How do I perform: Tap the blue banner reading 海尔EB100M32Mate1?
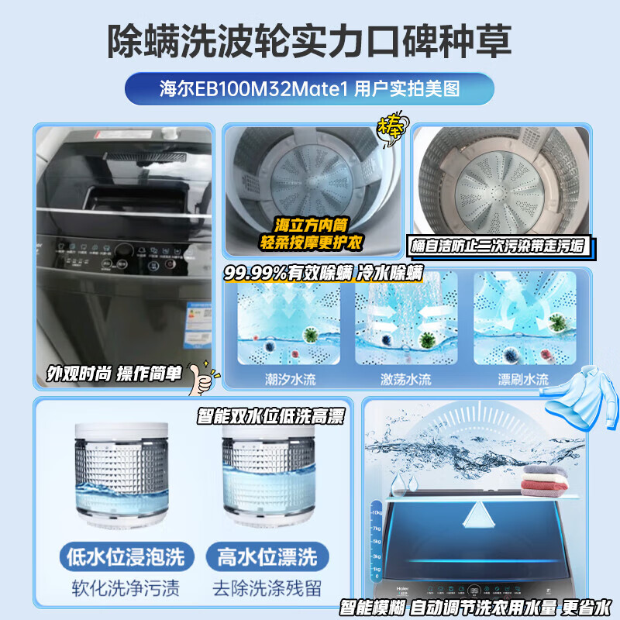coord(309,88)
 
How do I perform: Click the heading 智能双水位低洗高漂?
coord(271,416)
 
